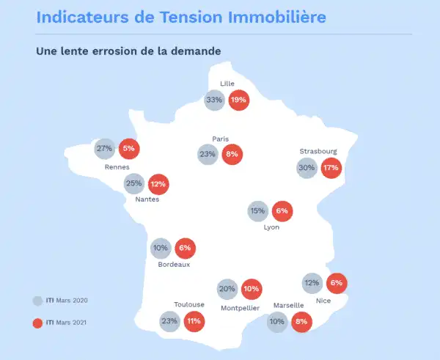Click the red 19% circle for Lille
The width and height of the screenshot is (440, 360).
[x=238, y=100]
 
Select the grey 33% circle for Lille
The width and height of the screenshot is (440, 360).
[x=214, y=100]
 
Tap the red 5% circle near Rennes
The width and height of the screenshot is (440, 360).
[x=129, y=149]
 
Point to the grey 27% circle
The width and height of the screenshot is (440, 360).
[x=104, y=149]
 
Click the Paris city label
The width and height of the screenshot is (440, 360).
[x=221, y=139]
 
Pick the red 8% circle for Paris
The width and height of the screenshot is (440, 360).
[x=232, y=155]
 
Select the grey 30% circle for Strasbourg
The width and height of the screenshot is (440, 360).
[x=307, y=168]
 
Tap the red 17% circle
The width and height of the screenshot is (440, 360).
[x=331, y=168]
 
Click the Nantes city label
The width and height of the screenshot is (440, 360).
[x=147, y=199]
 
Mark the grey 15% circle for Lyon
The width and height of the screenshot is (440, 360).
[x=257, y=211]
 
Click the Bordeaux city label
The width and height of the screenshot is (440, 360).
[x=174, y=265]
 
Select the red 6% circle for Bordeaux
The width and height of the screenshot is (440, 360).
[x=185, y=248]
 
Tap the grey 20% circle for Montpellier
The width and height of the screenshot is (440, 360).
[x=227, y=289]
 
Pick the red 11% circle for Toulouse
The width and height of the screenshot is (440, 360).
[x=194, y=320]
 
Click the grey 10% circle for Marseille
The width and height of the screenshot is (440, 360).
[x=277, y=320]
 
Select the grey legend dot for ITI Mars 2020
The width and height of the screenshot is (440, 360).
[x=37, y=301]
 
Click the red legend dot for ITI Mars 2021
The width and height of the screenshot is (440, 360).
[x=37, y=322]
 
